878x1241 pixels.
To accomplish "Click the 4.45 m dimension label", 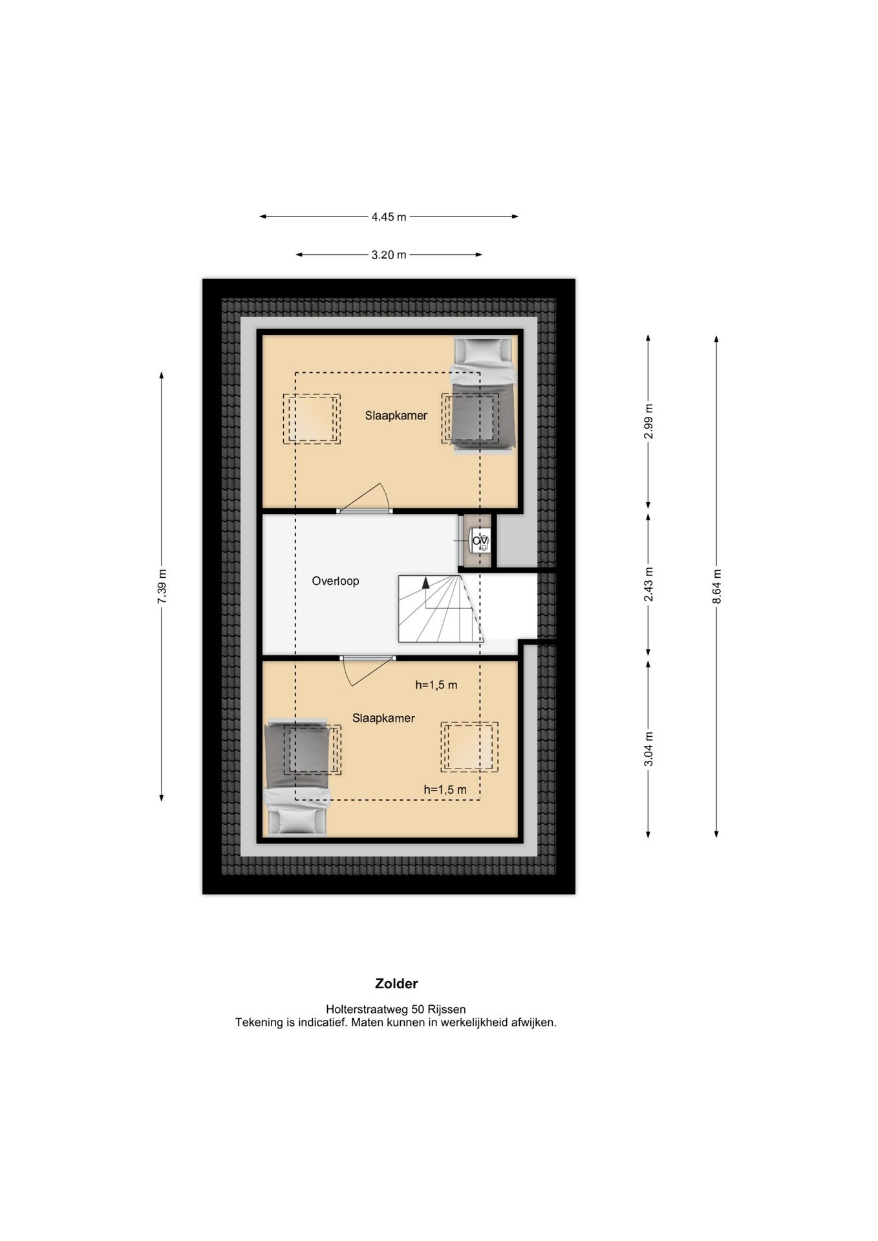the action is point(389,217).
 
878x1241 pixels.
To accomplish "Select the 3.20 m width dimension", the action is point(389,255).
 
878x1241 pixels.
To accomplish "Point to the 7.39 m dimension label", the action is point(162,587).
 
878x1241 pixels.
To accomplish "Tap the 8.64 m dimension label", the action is point(716,587).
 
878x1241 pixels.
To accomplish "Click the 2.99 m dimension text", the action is point(648,421).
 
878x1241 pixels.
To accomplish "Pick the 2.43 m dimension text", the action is point(648,584).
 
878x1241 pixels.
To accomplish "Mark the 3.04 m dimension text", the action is point(648,749).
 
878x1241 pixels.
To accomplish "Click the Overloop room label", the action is point(336,581).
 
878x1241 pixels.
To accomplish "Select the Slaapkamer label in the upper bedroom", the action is point(396,416).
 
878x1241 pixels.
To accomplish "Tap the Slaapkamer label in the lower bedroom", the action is point(383,718).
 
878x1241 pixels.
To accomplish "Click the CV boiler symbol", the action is point(480,541).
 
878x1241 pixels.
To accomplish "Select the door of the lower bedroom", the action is point(367,670).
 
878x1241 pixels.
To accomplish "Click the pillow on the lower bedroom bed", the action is point(297,822).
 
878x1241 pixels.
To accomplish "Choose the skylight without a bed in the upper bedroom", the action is point(312,419).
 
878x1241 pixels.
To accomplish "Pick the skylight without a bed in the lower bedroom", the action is point(469,747).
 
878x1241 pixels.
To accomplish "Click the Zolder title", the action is point(396,984).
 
